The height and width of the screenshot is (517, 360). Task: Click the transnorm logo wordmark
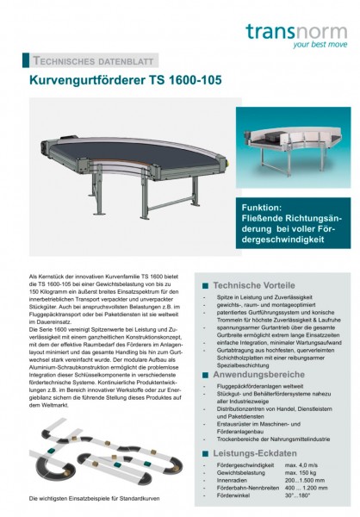tap(297, 32)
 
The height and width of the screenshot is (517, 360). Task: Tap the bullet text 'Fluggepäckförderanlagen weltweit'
tap(260, 390)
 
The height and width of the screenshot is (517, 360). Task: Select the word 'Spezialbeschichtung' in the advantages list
tap(246, 365)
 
